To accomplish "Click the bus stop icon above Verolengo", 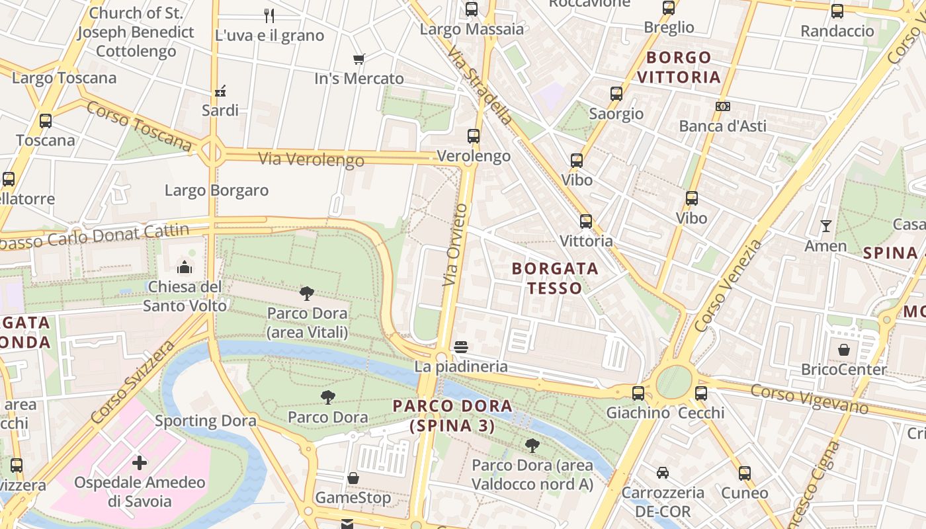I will [474, 136].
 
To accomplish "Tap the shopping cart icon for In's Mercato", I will [359, 60].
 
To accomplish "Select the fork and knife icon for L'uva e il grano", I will [269, 15].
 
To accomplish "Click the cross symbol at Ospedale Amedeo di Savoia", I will [140, 462].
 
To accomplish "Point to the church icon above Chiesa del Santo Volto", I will [184, 267].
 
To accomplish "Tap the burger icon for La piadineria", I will [461, 346].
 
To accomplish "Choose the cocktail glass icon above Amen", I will [825, 226].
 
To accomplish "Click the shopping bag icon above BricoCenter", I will [843, 349].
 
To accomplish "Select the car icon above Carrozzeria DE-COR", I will [662, 473].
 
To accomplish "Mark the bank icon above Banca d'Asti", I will [723, 106].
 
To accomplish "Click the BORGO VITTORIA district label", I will [679, 67].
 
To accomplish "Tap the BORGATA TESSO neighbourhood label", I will [555, 278].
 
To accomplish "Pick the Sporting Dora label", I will [205, 421].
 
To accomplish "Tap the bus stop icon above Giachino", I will [638, 393].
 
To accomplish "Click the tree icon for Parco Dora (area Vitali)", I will [306, 293].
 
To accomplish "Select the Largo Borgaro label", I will [216, 190].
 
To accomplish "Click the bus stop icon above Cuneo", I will [745, 473].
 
